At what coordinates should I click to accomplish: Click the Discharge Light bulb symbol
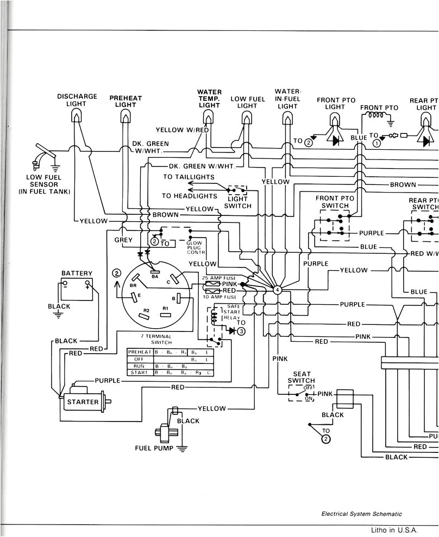click(77, 116)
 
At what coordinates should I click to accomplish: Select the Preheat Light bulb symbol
click(126, 117)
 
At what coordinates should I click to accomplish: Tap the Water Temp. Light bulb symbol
click(209, 117)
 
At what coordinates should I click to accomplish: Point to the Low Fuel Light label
click(248, 103)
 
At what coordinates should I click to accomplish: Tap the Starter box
click(83, 402)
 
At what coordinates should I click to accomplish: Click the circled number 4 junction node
click(278, 290)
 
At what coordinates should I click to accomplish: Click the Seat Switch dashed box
click(302, 393)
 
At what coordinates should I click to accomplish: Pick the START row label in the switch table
click(140, 373)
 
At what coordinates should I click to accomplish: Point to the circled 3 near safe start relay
click(241, 330)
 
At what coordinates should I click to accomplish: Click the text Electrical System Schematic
click(361, 514)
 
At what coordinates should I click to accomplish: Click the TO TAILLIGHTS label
click(189, 177)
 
